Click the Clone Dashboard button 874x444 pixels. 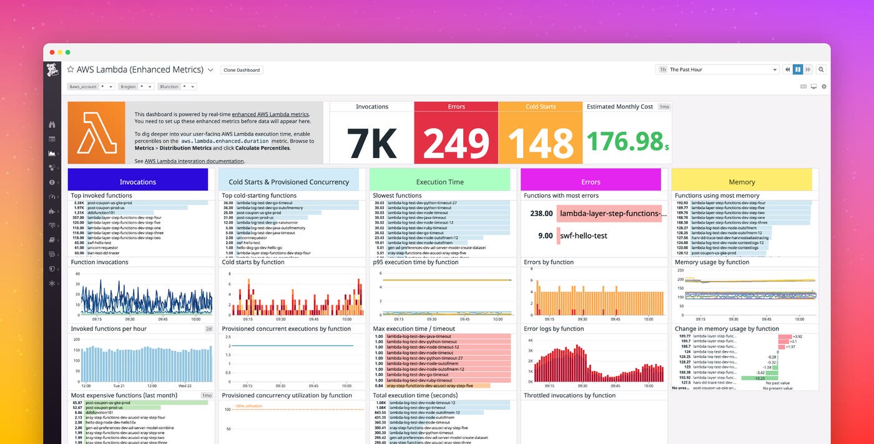tap(242, 70)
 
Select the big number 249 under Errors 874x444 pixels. tap(456, 143)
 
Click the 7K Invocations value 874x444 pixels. tap(371, 143)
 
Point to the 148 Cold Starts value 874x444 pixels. tap(540, 143)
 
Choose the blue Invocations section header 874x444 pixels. tap(138, 182)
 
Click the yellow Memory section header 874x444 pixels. tap(742, 182)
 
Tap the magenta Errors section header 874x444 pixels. tap(591, 182)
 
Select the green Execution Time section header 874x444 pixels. tap(439, 182)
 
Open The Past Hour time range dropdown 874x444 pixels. tap(719, 70)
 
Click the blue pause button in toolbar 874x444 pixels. tap(797, 70)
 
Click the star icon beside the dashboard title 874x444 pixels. tap(71, 70)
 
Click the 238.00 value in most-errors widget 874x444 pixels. tap(541, 214)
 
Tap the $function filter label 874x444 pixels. tap(169, 87)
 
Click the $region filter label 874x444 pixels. tap(127, 87)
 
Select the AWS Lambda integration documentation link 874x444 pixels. tap(194, 161)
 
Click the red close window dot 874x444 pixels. tap(52, 52)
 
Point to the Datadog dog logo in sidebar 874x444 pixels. tap(52, 70)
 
